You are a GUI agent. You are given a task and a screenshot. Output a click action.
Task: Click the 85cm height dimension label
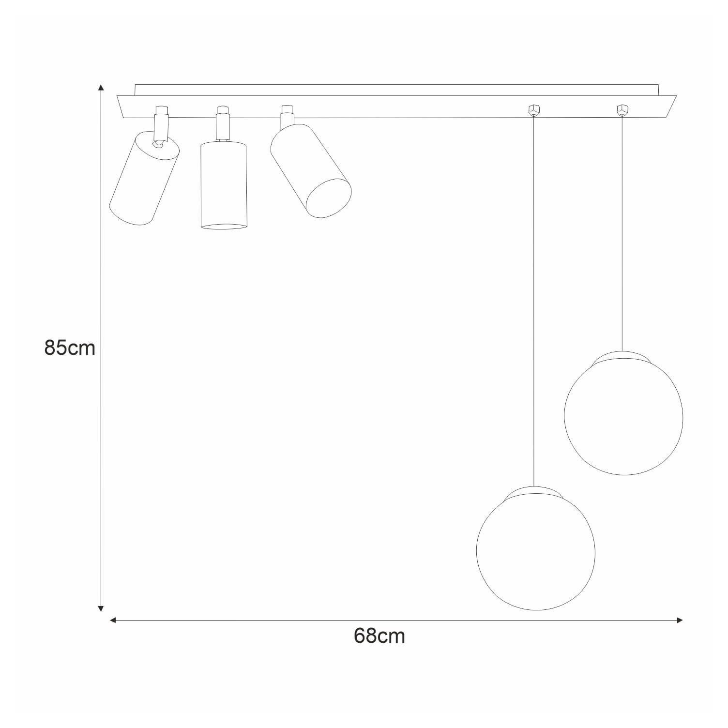(70, 348)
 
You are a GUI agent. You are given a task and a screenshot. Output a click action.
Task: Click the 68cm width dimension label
(379, 636)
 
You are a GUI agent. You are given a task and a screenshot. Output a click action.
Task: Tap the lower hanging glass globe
(536, 552)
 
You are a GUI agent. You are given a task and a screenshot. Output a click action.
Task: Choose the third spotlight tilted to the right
(310, 169)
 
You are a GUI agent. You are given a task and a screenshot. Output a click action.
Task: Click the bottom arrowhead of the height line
(101, 608)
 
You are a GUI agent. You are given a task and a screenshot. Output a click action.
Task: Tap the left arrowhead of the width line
(113, 620)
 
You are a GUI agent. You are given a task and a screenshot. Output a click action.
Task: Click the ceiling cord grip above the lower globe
(533, 111)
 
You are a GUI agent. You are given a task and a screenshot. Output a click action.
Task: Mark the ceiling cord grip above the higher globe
(622, 110)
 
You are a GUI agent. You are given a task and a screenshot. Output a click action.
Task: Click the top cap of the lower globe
(534, 492)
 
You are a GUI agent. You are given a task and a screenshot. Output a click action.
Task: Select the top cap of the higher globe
(622, 357)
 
